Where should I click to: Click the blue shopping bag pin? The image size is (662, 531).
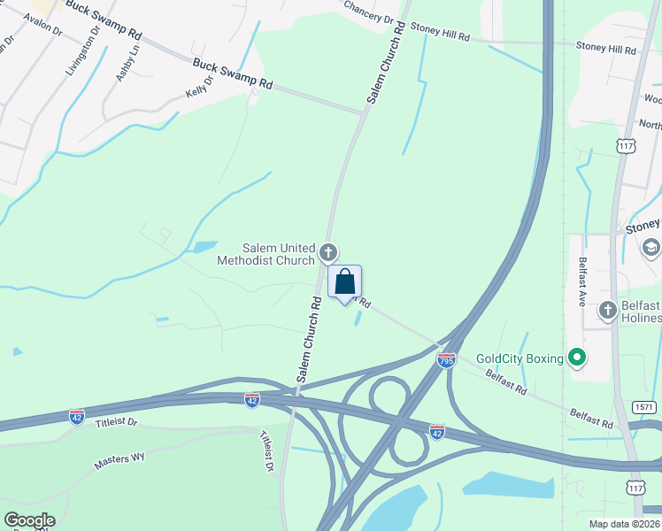(x=345, y=282)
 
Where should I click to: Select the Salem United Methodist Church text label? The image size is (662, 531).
(x=266, y=254)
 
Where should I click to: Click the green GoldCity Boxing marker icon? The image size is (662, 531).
(x=577, y=358)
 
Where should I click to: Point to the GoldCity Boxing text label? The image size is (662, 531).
(x=520, y=358)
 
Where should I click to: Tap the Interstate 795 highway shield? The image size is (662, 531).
(x=446, y=360)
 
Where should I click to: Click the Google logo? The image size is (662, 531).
(x=28, y=520)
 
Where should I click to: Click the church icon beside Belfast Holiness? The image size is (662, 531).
(x=607, y=310)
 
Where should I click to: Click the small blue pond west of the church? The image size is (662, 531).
(x=204, y=247)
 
